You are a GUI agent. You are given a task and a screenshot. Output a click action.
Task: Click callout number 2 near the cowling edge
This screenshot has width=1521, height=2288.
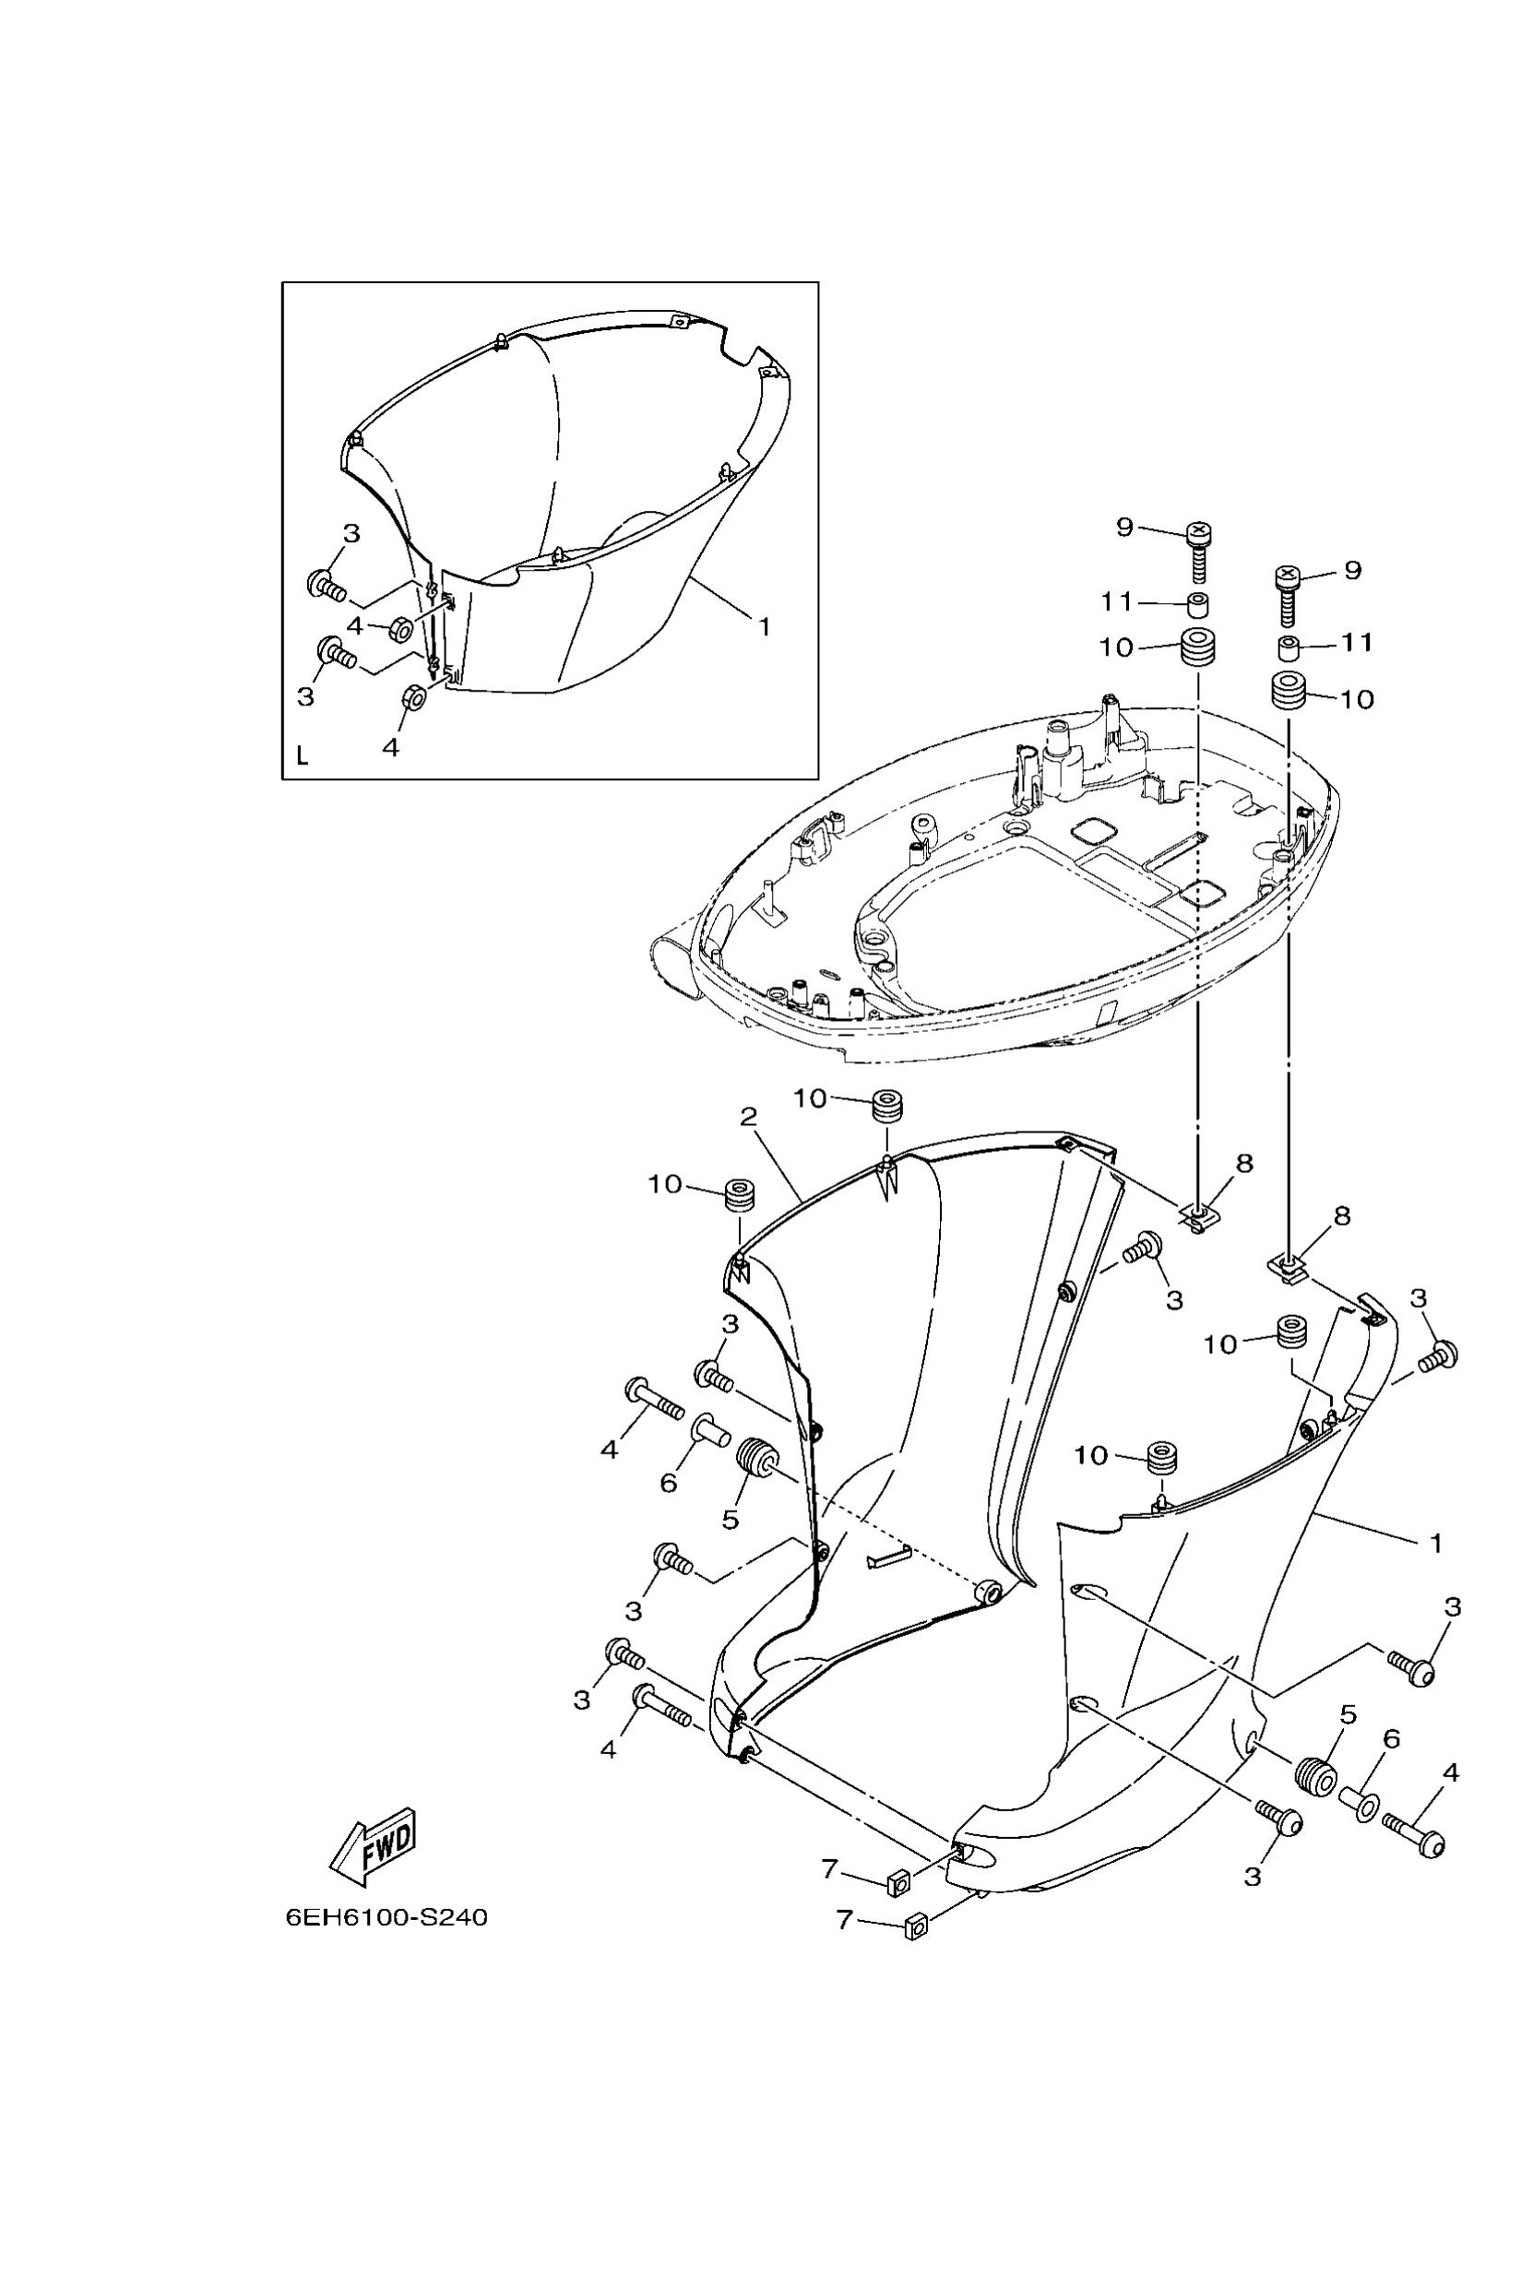(x=748, y=1118)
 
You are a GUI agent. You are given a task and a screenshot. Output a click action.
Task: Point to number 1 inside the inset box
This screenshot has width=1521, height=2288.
(x=765, y=626)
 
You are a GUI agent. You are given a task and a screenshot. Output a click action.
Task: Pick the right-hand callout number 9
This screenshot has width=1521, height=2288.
(x=1353, y=570)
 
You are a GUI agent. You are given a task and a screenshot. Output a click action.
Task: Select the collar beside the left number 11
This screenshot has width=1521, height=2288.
(x=1199, y=606)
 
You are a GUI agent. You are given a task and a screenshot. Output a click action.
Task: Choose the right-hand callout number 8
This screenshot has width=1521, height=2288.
(x=1341, y=1215)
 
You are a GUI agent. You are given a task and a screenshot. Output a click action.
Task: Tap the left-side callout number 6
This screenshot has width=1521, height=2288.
(x=669, y=1482)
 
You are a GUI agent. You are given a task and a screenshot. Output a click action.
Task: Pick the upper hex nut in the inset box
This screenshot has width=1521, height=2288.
(x=401, y=629)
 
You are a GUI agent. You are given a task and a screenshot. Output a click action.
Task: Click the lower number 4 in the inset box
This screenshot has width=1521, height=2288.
(x=391, y=747)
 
